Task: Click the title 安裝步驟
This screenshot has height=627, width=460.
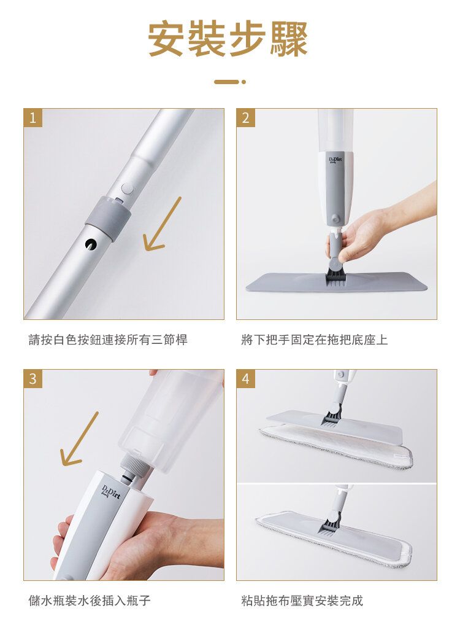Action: click(x=228, y=39)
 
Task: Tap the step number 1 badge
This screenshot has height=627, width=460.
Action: click(x=33, y=118)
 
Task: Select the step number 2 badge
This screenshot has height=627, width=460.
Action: click(x=245, y=118)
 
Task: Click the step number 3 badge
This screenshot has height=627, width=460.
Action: click(x=33, y=378)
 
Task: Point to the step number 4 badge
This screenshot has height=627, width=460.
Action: click(x=245, y=378)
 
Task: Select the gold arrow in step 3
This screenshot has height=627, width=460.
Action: click(x=79, y=438)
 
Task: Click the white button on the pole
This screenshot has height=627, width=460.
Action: click(x=128, y=189)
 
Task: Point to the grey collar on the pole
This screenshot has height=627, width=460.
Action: click(x=108, y=218)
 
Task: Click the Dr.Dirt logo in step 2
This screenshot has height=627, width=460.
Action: click(x=335, y=161)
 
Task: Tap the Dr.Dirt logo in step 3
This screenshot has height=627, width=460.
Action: click(x=111, y=491)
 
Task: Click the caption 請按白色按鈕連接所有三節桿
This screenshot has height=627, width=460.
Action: click(x=108, y=340)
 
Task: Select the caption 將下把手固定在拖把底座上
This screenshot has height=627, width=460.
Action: click(x=314, y=340)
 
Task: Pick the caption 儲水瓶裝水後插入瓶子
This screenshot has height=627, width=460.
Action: click(x=90, y=600)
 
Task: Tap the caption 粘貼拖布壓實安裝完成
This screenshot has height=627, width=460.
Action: click(x=302, y=600)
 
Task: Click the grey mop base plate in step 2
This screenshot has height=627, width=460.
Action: click(x=337, y=282)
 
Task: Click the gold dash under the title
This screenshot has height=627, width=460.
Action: click(x=230, y=82)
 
